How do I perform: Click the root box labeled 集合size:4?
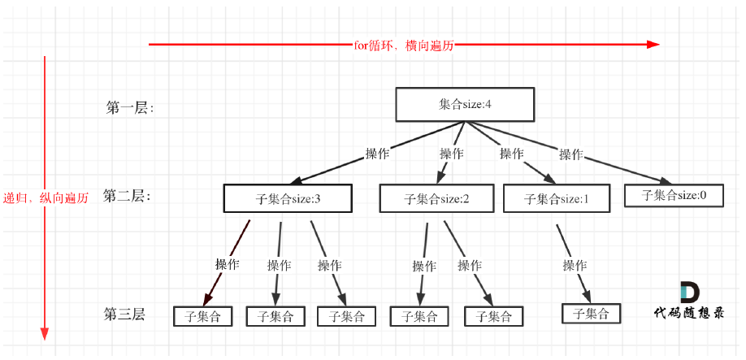tap(464, 105)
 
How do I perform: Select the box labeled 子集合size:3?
tap(287, 198)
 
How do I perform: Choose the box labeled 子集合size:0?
tap(674, 195)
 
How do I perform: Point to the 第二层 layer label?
tap(127, 196)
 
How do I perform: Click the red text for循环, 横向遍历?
tap(403, 46)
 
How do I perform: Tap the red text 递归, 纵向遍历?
tap(46, 197)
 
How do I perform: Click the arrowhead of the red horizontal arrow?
tap(653, 45)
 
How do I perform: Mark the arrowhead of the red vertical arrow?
tap(45, 333)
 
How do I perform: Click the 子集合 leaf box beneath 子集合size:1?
tap(591, 313)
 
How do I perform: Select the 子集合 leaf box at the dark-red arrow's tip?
tap(202, 316)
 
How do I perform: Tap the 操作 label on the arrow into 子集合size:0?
tap(570, 154)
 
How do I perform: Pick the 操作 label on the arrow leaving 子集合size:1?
tap(575, 265)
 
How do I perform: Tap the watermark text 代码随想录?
tap(689, 313)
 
